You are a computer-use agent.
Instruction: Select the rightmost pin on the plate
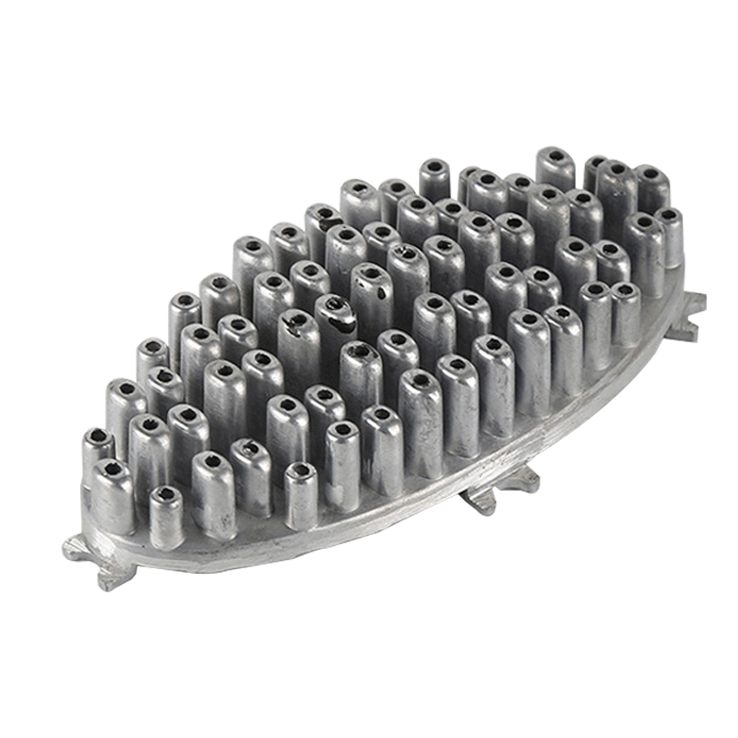point(670,235)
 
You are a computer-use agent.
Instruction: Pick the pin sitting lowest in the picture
point(167,517)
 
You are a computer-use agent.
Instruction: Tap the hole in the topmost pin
point(555,154)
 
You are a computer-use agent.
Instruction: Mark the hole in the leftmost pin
point(96,434)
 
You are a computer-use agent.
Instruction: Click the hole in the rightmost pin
point(671,216)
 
